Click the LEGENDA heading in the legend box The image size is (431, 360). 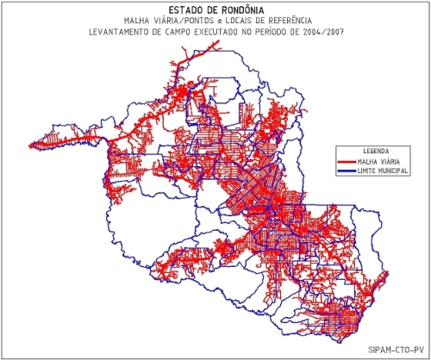pos(376,152)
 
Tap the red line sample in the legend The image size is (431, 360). pos(347,162)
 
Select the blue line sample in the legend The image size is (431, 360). pos(347,171)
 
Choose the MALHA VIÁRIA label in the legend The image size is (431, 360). pos(380,162)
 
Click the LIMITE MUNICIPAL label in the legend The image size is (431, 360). pos(384,171)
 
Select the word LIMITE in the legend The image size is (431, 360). pos(367,171)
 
